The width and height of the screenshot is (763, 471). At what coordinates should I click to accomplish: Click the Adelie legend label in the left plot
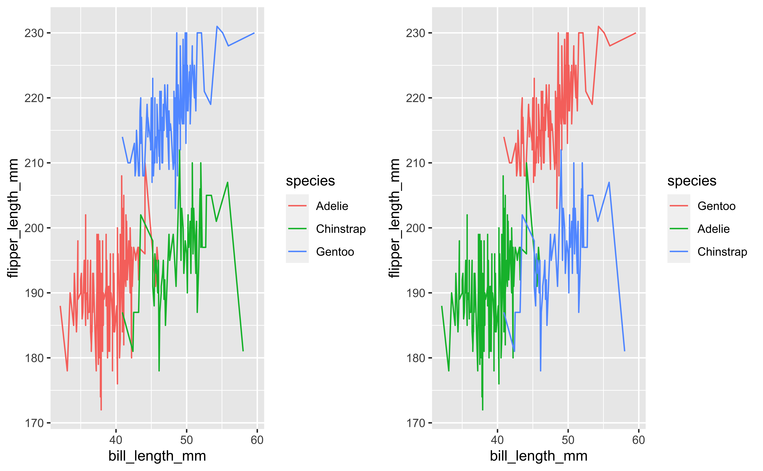pyautogui.click(x=332, y=206)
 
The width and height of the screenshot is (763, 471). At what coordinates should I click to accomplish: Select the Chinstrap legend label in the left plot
pyautogui.click(x=340, y=229)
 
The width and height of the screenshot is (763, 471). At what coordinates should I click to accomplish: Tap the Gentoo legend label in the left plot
pyautogui.click(x=335, y=252)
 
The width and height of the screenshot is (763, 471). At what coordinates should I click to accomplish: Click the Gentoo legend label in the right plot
pyautogui.click(x=716, y=206)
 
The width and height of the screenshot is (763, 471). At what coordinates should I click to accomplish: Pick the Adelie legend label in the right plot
pyautogui.click(x=713, y=229)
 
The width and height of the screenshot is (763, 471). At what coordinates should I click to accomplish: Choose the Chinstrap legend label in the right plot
pyautogui.click(x=722, y=252)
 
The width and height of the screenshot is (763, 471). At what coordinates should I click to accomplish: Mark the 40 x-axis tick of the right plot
pyautogui.click(x=497, y=440)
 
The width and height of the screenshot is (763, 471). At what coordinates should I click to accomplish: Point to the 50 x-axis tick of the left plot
pyautogui.click(x=187, y=440)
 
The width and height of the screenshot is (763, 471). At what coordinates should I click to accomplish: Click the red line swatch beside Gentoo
pyautogui.click(x=679, y=206)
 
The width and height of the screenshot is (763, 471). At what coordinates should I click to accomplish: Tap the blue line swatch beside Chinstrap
pyautogui.click(x=679, y=252)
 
